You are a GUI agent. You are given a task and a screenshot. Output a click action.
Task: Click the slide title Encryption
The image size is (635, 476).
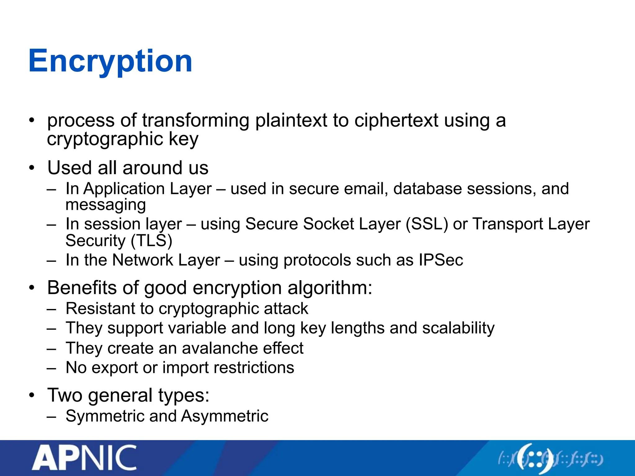(110, 61)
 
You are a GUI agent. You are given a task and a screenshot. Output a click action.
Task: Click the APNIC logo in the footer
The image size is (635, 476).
(84, 458)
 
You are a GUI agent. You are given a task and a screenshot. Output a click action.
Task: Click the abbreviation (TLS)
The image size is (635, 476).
(151, 241)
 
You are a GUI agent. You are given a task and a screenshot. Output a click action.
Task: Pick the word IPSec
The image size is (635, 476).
(441, 260)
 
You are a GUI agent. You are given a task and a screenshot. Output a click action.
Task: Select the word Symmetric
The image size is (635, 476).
(105, 416)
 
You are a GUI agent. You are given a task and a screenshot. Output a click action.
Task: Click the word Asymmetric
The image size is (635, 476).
(225, 416)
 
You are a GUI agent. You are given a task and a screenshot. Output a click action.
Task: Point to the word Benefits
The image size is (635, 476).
(82, 288)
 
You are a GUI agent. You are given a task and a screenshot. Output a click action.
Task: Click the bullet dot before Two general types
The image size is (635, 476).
(32, 395)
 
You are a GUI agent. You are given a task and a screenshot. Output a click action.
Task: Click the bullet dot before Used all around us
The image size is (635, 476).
(32, 168)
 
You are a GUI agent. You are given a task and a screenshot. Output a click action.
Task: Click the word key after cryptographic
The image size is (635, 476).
(184, 139)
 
